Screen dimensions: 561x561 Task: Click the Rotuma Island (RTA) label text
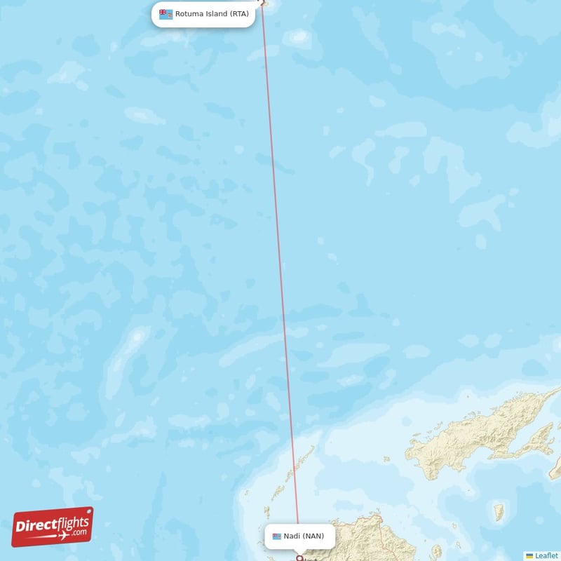point(212,13)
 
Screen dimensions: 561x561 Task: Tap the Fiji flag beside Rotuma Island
point(165,14)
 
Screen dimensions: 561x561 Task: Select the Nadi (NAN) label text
point(304,536)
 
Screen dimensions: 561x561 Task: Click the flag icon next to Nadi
point(277,536)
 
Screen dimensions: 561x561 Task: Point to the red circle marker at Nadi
point(300,559)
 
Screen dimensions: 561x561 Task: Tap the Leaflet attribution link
point(546,555)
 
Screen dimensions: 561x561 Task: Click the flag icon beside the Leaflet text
point(529,555)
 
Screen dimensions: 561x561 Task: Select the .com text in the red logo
point(79,532)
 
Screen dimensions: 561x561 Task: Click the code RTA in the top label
point(240,13)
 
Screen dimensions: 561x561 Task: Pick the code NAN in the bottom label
point(313,536)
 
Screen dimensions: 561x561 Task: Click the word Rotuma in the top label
point(189,13)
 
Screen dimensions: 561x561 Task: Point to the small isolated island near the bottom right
point(499,511)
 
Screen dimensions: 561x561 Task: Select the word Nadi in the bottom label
point(292,536)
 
